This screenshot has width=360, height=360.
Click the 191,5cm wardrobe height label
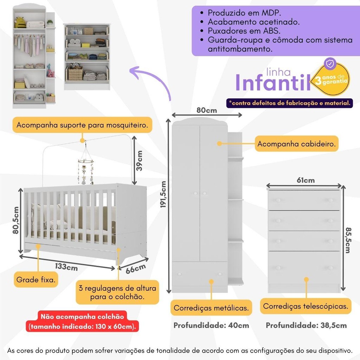click(x=163, y=194)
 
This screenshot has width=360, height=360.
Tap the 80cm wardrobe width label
click(x=207, y=110)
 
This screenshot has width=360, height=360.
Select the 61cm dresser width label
click(x=306, y=180)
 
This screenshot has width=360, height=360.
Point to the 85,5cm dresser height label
click(x=348, y=240)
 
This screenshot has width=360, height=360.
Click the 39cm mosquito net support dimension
click(x=139, y=160)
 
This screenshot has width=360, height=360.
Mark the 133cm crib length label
click(x=66, y=267)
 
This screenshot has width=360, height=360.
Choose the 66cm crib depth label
click(x=136, y=269)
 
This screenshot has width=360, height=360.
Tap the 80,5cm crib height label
click(x=15, y=220)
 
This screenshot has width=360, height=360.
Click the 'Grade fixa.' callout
click(x=36, y=279)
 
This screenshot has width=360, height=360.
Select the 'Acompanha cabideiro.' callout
click(x=296, y=144)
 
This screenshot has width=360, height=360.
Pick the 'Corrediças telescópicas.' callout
click(x=306, y=306)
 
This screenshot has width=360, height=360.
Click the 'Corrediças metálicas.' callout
click(x=211, y=308)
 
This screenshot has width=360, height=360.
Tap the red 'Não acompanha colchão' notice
click(x=82, y=321)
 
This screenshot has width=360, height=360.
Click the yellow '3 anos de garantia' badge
click(x=332, y=79)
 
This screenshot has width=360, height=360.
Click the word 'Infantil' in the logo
click(x=273, y=82)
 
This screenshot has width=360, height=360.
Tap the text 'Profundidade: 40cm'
click(x=211, y=325)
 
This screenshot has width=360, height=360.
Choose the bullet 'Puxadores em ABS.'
click(x=244, y=31)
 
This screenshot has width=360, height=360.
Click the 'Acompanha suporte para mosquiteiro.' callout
click(x=82, y=125)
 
